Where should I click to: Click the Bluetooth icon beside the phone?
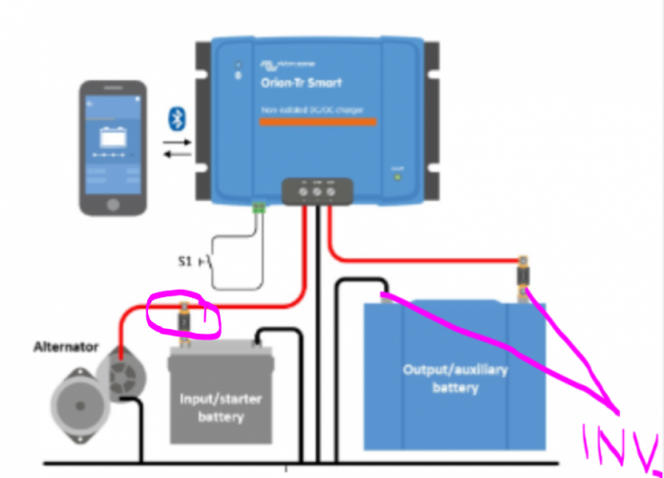pyautogui.click(x=176, y=118)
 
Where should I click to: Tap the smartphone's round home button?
pyautogui.click(x=113, y=205)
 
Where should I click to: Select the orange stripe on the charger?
pyautogui.click(x=318, y=121)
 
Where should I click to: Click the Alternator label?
pyautogui.click(x=65, y=346)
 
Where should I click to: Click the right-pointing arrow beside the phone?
pyautogui.click(x=176, y=141)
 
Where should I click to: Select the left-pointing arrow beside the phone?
pyautogui.click(x=176, y=154)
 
